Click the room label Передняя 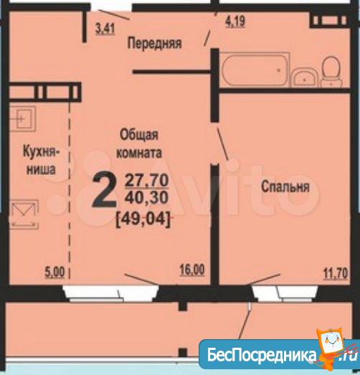pos(154,43)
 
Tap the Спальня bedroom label pos(285,186)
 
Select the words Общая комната pos(139,143)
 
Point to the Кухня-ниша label pos(41,161)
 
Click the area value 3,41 pos(105,29)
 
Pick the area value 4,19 pos(235,22)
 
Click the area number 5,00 pos(55,272)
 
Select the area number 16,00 pos(192,270)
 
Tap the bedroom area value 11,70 pos(336,274)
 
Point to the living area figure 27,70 pos(147,180)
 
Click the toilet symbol pos(331,71)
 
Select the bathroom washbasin pos(305,77)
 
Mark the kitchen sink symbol pos(22,118)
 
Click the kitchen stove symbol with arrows pos(24,214)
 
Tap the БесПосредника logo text pos(262,355)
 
